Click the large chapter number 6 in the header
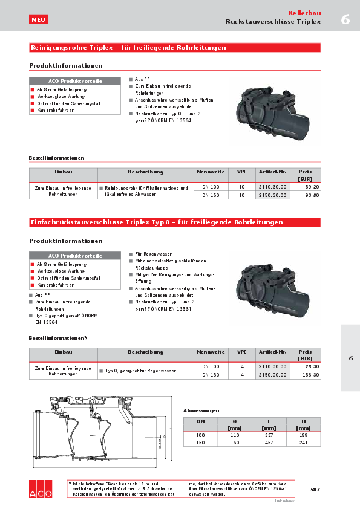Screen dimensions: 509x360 345,19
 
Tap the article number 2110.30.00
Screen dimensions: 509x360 272,187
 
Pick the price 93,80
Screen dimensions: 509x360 312,196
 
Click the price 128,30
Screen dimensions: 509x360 310,366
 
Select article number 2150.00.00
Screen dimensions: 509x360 272,375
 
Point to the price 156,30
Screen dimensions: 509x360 310,375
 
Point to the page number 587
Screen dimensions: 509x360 315,489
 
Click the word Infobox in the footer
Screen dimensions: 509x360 284,501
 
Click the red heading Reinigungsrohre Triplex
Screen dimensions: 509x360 128,47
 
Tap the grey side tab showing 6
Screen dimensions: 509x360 350,358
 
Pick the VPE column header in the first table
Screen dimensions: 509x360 241,172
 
